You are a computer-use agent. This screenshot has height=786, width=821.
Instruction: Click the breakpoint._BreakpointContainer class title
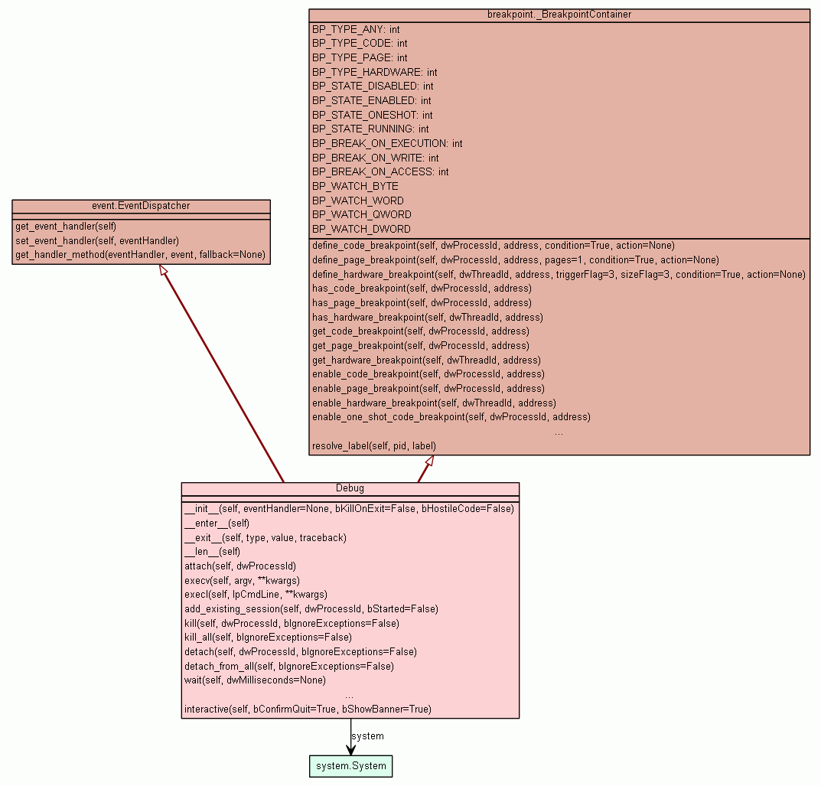click(x=559, y=15)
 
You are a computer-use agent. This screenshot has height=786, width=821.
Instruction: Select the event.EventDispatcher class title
click(x=141, y=206)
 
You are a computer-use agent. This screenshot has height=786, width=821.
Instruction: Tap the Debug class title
click(x=350, y=488)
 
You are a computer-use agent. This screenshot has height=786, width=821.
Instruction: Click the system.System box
click(x=351, y=766)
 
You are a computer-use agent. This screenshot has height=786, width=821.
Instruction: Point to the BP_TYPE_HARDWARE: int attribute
click(x=374, y=72)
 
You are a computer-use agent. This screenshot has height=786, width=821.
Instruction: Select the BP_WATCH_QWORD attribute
click(x=361, y=214)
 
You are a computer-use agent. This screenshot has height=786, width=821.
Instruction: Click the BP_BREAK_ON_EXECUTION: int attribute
click(x=387, y=143)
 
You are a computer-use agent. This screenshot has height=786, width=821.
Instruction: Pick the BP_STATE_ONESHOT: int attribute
click(x=372, y=115)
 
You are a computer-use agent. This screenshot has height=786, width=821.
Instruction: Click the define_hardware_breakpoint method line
click(x=559, y=274)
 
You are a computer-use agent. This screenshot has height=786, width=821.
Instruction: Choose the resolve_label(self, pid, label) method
click(x=374, y=445)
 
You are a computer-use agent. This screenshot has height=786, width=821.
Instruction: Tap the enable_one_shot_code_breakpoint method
click(x=451, y=417)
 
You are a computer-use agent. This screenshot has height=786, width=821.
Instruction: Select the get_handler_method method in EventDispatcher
click(x=140, y=254)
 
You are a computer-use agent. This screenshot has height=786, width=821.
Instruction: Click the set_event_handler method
click(x=96, y=240)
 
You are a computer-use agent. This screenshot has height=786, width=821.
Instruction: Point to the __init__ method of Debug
click(x=349, y=508)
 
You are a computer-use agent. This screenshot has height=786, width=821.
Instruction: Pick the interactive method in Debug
click(x=308, y=709)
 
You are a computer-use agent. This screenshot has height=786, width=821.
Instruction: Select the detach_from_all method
click(x=288, y=666)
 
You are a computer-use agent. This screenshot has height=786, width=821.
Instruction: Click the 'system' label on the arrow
click(x=367, y=736)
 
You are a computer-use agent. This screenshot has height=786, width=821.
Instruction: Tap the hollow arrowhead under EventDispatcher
click(x=162, y=271)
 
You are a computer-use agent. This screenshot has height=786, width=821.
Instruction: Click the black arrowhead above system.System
click(x=351, y=748)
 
